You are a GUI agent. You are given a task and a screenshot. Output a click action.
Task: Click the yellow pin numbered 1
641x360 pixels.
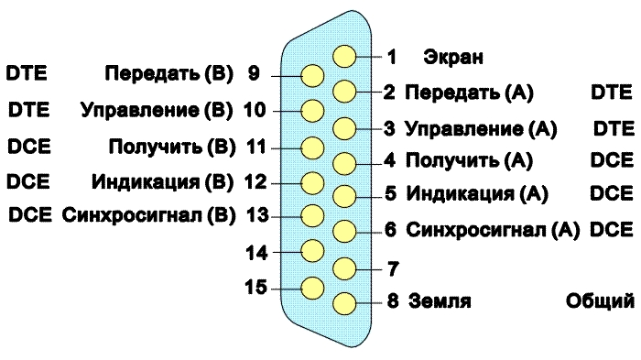click(344, 56)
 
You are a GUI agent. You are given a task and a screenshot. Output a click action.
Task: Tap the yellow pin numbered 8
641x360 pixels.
click(344, 303)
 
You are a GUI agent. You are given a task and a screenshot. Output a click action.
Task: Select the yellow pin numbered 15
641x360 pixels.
click(313, 288)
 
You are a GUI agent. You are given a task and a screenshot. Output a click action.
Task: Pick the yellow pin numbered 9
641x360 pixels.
click(313, 76)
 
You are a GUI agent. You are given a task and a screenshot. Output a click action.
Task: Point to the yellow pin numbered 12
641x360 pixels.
click(313, 183)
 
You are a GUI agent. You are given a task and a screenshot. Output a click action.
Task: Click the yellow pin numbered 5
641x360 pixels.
click(344, 196)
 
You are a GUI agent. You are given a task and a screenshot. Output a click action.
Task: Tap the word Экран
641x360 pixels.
click(453, 57)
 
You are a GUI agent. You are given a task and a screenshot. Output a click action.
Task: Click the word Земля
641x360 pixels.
click(440, 301)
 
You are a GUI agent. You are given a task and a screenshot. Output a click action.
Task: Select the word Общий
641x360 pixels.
click(600, 301)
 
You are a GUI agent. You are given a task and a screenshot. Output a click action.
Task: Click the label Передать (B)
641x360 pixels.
click(168, 73)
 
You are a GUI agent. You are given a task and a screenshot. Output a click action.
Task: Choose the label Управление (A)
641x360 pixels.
click(481, 129)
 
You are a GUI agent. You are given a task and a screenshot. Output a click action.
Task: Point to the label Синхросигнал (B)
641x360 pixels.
click(148, 215)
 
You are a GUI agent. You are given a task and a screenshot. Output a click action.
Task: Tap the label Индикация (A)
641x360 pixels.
click(477, 193)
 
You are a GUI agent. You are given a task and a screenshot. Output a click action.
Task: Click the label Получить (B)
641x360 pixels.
click(172, 147)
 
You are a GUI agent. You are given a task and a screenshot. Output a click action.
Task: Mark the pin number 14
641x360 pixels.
click(256, 253)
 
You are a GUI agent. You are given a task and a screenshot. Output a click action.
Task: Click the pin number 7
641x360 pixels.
click(393, 268)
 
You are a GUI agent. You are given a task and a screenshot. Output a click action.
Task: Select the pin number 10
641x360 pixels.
click(255, 111)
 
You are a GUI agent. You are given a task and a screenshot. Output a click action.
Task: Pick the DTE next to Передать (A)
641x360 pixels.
click(612, 93)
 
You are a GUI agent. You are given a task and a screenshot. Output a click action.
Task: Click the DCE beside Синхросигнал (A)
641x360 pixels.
click(612, 230)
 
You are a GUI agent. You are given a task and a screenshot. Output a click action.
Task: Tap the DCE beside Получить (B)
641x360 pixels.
click(29, 147)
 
